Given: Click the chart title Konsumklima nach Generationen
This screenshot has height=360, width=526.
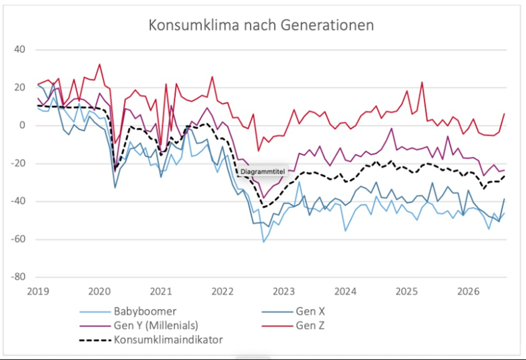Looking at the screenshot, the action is pos(261,25).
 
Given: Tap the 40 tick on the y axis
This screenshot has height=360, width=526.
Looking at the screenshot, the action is pos(19,49).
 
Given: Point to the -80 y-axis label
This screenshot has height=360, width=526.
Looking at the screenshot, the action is pos(18,277).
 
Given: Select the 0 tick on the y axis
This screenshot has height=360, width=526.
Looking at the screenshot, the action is pos(22,125).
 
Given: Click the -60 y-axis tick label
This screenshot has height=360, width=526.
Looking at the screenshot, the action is pos(18,239).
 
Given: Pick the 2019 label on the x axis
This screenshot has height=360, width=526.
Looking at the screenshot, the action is pos(38,291).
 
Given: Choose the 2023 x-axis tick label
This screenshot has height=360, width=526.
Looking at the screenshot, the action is pos(284,291).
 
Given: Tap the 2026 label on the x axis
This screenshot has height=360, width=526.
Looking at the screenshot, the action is pos(468,291).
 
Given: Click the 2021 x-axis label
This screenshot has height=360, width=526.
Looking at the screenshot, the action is pos(160,291).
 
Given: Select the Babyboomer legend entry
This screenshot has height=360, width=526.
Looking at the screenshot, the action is pos(145,312).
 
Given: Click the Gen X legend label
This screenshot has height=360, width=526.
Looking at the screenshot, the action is pos(310,312).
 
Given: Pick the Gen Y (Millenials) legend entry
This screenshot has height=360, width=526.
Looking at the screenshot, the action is pos(156,325).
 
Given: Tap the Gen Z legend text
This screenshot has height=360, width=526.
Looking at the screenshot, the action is pos(310,325).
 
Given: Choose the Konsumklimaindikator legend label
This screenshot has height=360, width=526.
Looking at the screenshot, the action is pos(168,339).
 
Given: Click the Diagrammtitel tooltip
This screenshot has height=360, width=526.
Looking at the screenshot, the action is pos(262,172).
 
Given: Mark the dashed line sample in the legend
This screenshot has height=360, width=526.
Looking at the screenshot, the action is pos(95,340).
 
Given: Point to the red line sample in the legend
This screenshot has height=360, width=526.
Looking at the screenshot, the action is pos(277,326).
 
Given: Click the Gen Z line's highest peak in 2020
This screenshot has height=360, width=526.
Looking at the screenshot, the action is pos(99,64).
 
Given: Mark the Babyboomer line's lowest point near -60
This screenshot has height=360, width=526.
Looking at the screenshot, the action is pos(264,242).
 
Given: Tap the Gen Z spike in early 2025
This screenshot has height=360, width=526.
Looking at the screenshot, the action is pos(422,82).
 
